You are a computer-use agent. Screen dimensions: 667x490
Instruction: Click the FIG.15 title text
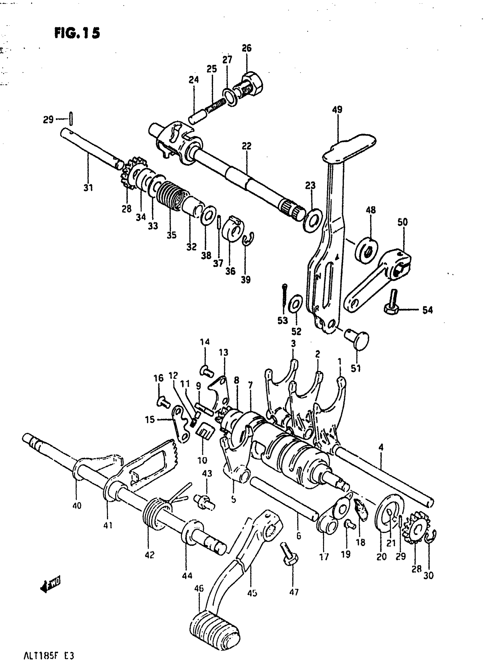(x=77, y=33)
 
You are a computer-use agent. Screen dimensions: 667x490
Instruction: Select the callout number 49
(x=337, y=110)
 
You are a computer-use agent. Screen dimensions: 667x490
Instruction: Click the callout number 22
(x=246, y=146)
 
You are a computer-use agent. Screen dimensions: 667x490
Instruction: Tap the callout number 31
(x=88, y=188)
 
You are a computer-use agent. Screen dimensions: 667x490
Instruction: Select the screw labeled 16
(x=163, y=402)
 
